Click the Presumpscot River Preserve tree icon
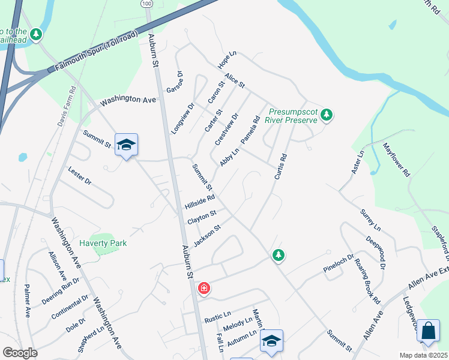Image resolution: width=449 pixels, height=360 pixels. point(326,114)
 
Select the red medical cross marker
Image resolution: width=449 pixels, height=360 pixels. point(204,289)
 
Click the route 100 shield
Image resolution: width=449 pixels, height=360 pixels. point(148,4)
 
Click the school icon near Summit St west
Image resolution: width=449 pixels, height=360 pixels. point(127,145)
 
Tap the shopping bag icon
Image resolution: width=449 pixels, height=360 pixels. point(428,331)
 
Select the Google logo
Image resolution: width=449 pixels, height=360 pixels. point(20,353)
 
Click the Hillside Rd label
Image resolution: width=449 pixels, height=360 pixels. point(199,201)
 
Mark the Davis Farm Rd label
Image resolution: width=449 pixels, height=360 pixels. point(67,107)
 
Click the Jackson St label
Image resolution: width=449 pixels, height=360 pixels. point(208,235)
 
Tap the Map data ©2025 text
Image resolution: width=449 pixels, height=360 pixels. point(423,355)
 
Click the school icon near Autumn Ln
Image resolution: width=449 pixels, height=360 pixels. point(271,341)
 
